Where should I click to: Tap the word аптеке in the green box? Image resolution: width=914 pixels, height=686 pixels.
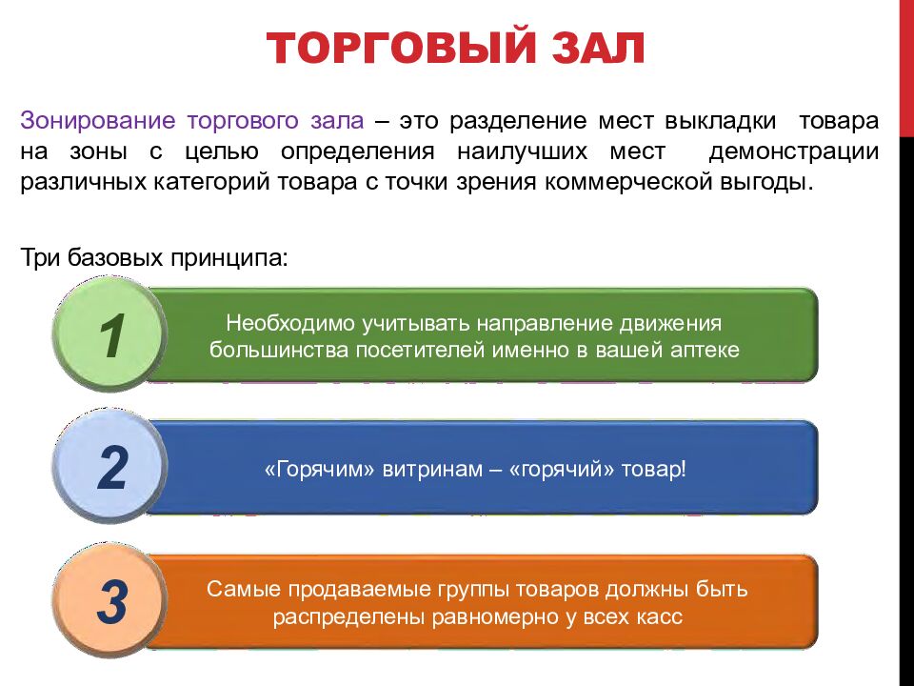coord(704,349)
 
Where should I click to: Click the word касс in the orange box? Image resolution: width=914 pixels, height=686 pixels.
coord(660,615)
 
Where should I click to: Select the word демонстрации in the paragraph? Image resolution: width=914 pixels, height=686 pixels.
coord(793,151)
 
